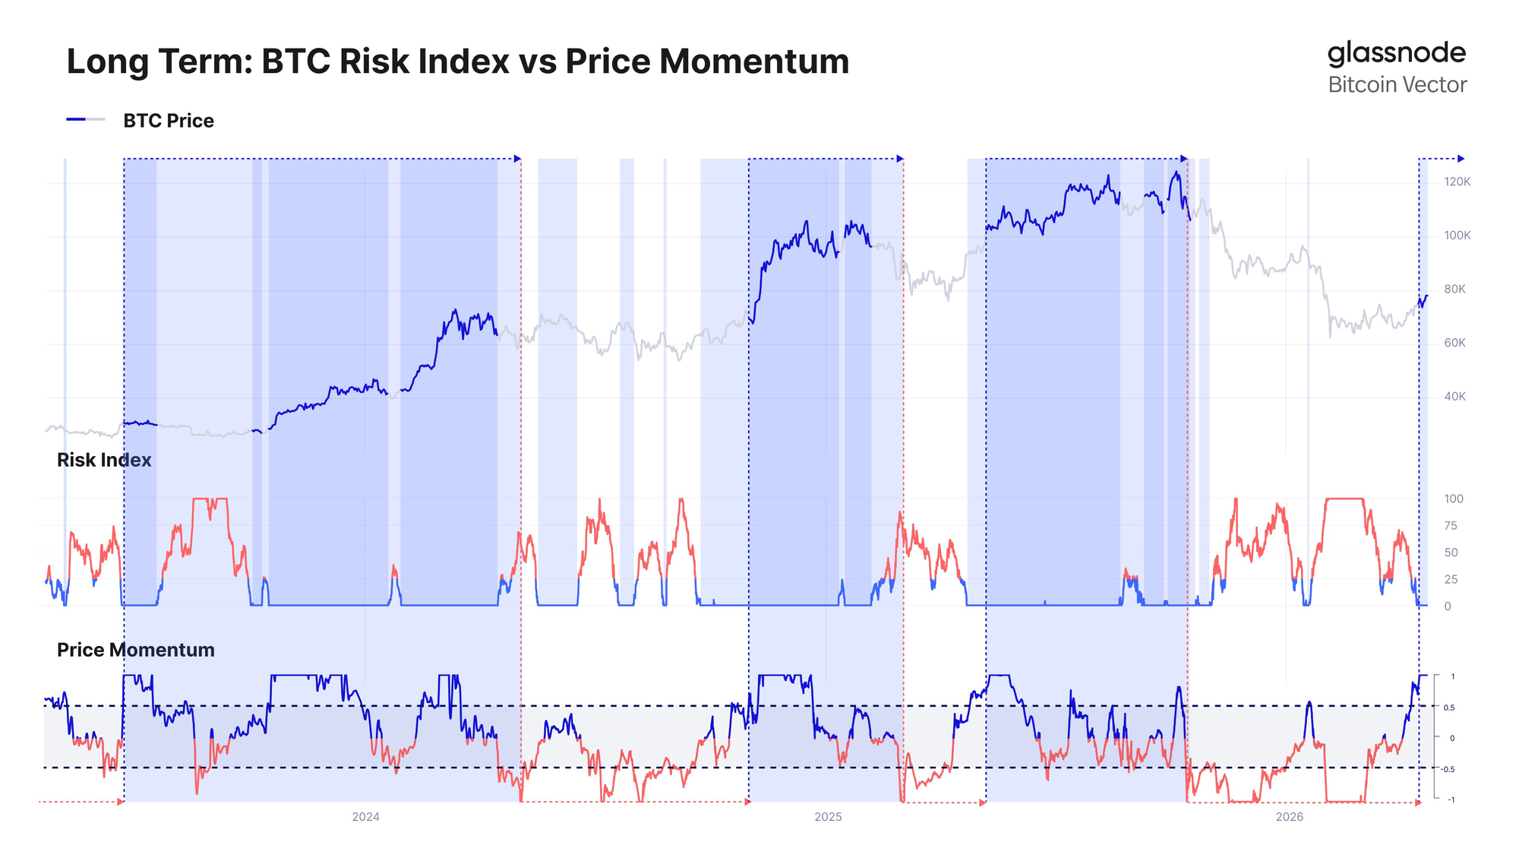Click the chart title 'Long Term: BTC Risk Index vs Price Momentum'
click(457, 62)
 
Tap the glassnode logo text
click(1396, 53)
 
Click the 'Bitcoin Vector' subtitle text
click(1397, 85)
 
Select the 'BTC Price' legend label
click(169, 121)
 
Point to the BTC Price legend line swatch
click(86, 120)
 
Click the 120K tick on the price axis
click(1457, 182)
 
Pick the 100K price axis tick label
click(1457, 236)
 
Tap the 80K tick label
click(1454, 290)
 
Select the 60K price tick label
click(1454, 343)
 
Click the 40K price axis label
click(1454, 397)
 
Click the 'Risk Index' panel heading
click(104, 460)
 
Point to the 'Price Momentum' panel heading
click(136, 650)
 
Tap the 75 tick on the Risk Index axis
click(1450, 526)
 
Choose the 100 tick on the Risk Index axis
click(1453, 499)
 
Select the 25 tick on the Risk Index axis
click(1450, 580)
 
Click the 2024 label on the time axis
click(365, 817)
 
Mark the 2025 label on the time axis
click(828, 817)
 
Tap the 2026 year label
click(1289, 817)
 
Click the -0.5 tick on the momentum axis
click(1448, 769)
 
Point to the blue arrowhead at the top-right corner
click(1461, 159)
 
